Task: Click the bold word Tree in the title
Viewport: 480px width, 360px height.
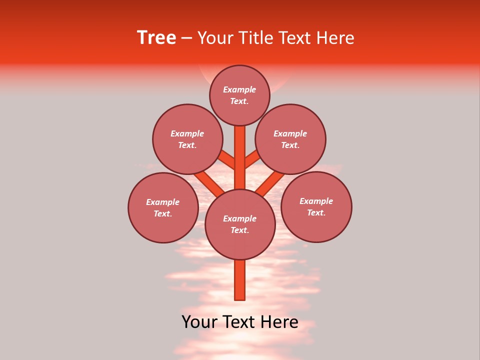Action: [x=156, y=38]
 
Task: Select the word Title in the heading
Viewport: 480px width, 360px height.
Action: [x=256, y=38]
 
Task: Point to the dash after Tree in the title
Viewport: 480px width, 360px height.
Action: [x=187, y=38]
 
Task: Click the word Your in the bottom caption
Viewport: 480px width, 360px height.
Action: [x=200, y=322]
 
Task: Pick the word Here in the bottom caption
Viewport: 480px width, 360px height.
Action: [x=279, y=322]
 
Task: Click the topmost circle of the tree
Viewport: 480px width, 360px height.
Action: [x=239, y=95]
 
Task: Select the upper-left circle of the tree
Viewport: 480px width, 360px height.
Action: [x=187, y=139]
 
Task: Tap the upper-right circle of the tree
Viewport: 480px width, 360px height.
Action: [x=290, y=139]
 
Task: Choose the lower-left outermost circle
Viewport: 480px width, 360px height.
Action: [x=163, y=207]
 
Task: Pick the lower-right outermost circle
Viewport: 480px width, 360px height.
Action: [x=316, y=206]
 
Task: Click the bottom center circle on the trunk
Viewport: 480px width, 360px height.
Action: [x=240, y=224]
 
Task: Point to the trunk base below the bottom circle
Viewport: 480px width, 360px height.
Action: [x=240, y=280]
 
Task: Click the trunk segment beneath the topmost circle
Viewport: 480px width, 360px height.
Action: [x=240, y=150]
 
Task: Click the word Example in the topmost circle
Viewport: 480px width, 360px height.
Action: [x=239, y=89]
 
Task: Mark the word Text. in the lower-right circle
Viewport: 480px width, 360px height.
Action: [x=316, y=212]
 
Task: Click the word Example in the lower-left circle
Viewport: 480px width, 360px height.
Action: [x=162, y=202]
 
